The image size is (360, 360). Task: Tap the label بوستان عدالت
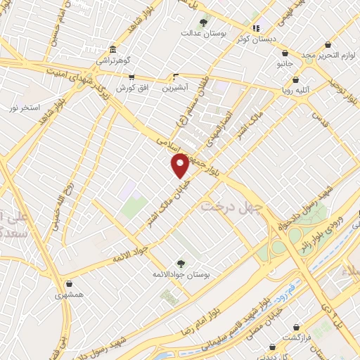point(201,33)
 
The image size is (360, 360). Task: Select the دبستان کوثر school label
point(256,39)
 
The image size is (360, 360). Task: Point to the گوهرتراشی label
point(113,61)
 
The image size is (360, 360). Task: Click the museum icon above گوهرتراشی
point(112,50)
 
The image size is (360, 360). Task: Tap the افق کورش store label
point(130,88)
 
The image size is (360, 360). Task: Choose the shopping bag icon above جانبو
point(284,53)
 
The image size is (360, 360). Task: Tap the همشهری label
point(70,295)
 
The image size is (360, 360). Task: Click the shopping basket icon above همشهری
point(70,284)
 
